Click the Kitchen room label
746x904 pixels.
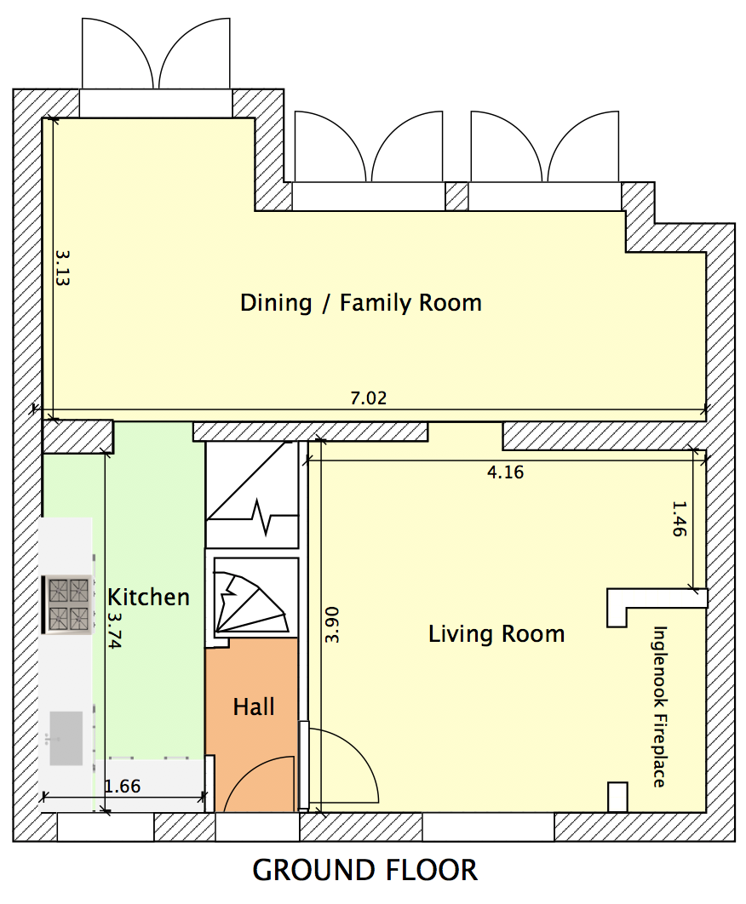pyautogui.click(x=148, y=597)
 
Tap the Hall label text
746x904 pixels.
pyautogui.click(x=253, y=707)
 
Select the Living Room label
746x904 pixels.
pyautogui.click(x=496, y=633)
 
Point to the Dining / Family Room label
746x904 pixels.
pyautogui.click(x=360, y=303)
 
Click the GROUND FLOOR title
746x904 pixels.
pyautogui.click(x=365, y=870)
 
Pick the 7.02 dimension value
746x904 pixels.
pyautogui.click(x=369, y=398)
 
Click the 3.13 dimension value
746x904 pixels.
pyautogui.click(x=62, y=267)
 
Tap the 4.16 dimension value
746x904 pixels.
pyautogui.click(x=505, y=472)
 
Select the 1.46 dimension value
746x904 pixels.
pyautogui.click(x=680, y=519)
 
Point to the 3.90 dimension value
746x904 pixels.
pyautogui.click(x=332, y=625)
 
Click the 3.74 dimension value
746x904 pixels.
pyautogui.click(x=114, y=631)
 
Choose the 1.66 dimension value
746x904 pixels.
pyautogui.click(x=123, y=786)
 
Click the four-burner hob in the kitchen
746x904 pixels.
pyautogui.click(x=68, y=604)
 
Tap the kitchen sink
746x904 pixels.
pyautogui.click(x=66, y=739)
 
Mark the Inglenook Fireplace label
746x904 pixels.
pyautogui.click(x=660, y=707)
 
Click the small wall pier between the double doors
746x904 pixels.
pyautogui.click(x=457, y=197)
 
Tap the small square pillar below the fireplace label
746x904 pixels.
pyautogui.click(x=617, y=797)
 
